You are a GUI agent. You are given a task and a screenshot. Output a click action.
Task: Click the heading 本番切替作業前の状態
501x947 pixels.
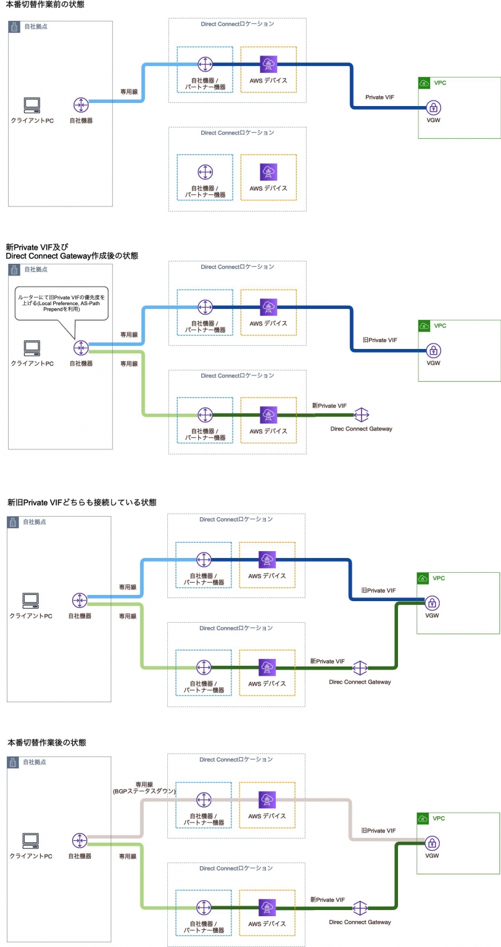pos(46,5)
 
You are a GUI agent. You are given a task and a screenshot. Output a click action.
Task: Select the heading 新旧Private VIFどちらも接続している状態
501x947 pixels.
pos(81,502)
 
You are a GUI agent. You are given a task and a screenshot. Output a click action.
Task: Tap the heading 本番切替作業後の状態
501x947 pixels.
pos(46,743)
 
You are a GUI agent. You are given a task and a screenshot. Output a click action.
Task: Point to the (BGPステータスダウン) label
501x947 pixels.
pos(144,791)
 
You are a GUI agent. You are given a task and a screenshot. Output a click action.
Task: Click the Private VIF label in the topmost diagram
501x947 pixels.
pos(379,97)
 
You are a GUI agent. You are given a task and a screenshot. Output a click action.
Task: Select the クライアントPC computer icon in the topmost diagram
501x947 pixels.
pos(32,105)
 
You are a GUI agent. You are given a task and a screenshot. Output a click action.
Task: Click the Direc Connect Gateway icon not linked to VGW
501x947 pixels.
pos(360,414)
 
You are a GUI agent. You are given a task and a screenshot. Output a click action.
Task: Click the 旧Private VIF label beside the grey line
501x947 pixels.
pos(378,831)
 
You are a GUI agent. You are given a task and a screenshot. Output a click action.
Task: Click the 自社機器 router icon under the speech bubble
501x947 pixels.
pos(81,348)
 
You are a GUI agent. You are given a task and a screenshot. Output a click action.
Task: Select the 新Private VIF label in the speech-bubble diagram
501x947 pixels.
pos(329,406)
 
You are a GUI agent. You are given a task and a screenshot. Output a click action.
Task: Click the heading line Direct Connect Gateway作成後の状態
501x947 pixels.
pos(72,255)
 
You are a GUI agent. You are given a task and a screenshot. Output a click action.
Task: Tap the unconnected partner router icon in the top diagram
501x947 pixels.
pos(205,172)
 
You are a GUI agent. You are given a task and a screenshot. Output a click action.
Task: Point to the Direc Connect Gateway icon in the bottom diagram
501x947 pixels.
pos(360,908)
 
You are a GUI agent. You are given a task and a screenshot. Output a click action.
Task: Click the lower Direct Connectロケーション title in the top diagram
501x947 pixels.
pos(238,133)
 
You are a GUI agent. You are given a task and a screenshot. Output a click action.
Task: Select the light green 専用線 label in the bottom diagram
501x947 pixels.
pos(127,856)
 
